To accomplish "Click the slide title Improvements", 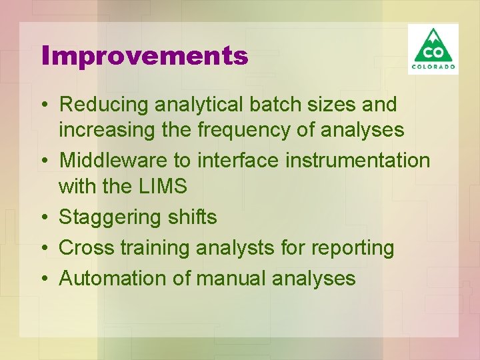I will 145,55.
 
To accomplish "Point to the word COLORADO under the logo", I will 433,67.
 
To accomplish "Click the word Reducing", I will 104,105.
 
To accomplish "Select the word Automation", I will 113,278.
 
